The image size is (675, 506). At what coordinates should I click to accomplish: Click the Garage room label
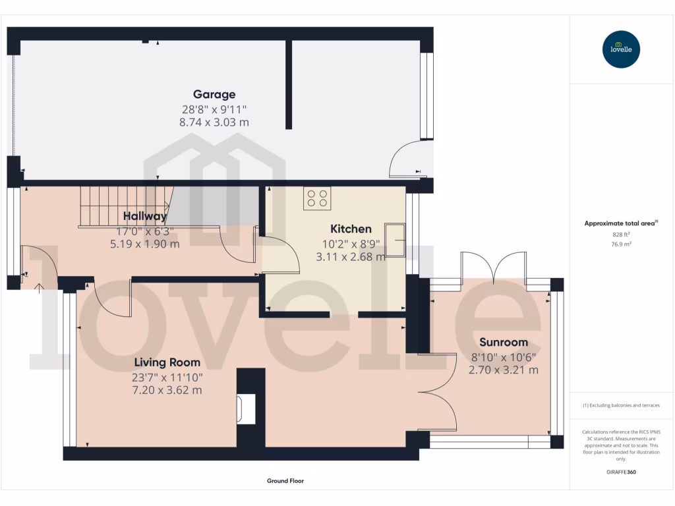click(214, 94)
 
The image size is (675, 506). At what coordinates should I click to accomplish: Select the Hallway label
click(145, 216)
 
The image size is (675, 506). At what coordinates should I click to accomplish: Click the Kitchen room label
click(351, 229)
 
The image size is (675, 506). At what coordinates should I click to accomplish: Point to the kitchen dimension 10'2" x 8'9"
click(351, 243)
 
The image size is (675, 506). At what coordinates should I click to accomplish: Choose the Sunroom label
click(504, 342)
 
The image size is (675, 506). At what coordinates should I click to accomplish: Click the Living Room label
click(167, 362)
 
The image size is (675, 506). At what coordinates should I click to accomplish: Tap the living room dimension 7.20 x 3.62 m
click(167, 390)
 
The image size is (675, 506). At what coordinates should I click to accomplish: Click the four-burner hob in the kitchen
click(317, 198)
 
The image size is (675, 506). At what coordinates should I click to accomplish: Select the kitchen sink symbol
click(396, 239)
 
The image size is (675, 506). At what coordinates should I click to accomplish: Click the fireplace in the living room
click(245, 409)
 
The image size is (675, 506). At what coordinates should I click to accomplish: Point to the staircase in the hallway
click(125, 206)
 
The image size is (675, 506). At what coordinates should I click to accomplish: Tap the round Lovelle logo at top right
click(621, 49)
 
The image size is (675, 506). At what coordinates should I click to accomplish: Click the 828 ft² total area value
click(621, 235)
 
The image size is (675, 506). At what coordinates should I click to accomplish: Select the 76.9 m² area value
click(621, 244)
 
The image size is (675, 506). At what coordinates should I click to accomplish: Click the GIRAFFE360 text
click(621, 472)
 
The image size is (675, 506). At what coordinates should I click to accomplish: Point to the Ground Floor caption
click(285, 481)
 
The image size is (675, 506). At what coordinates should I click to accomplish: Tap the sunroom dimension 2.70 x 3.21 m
click(504, 370)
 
